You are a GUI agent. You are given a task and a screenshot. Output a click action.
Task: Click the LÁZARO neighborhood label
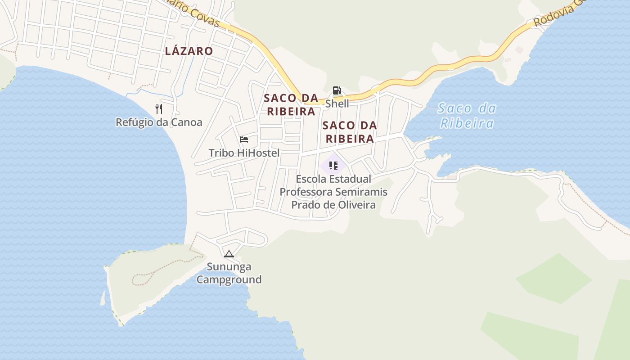pyautogui.click(x=189, y=51)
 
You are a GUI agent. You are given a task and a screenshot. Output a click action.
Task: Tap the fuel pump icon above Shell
pyautogui.click(x=337, y=90)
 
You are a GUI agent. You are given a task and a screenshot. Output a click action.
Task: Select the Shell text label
pyautogui.click(x=337, y=103)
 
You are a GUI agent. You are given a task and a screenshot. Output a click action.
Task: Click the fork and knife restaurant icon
pyautogui.click(x=158, y=109)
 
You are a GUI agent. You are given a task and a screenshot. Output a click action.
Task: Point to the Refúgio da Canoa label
pyautogui.click(x=159, y=122)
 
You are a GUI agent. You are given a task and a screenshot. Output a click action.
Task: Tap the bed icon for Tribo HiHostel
pyautogui.click(x=244, y=139)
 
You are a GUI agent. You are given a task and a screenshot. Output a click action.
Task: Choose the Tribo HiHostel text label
pyautogui.click(x=244, y=153)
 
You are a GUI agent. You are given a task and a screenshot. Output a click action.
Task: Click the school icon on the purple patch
pyautogui.click(x=333, y=166)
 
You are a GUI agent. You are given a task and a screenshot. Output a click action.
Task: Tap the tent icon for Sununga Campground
pyautogui.click(x=229, y=254)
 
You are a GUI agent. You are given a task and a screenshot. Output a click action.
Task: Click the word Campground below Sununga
pyautogui.click(x=229, y=279)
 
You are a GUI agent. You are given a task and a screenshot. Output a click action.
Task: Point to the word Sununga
pyautogui.click(x=229, y=267)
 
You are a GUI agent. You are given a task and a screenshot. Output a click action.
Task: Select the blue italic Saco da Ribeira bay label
pyautogui.click(x=467, y=116)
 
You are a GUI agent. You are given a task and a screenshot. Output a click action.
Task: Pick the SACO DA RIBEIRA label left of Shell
pyautogui.click(x=291, y=104)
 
